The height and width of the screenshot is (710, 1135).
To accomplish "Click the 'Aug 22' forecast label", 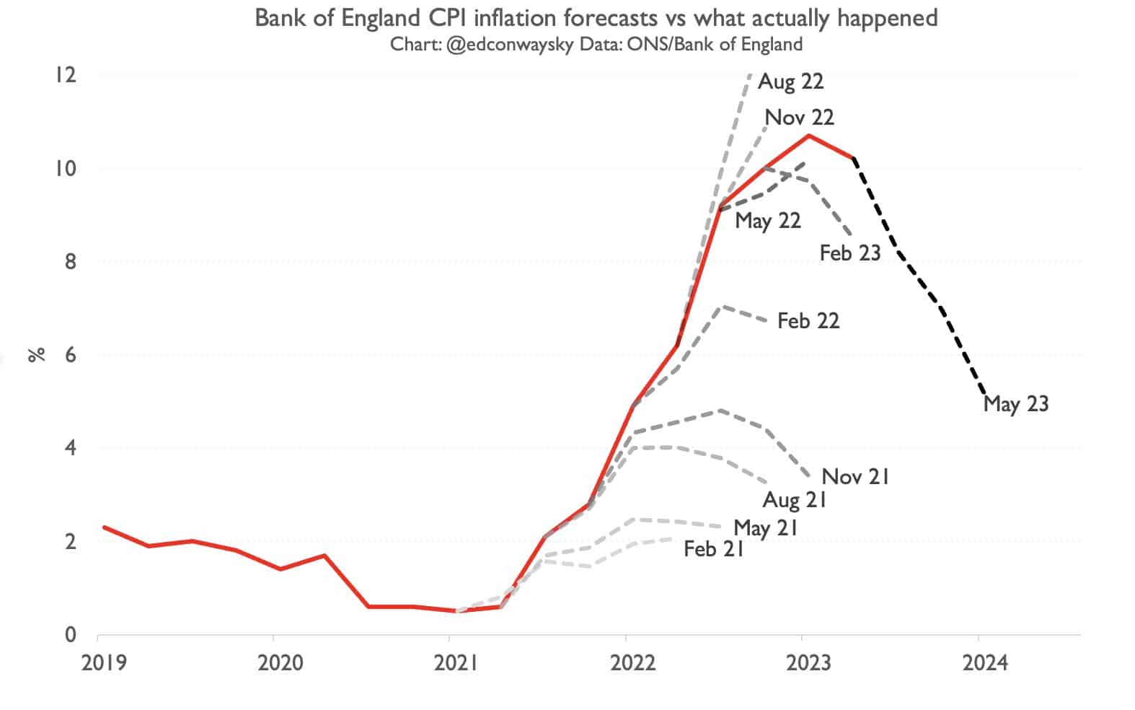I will pyautogui.click(x=790, y=82).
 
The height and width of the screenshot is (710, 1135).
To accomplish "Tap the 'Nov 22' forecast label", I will pyautogui.click(x=799, y=118).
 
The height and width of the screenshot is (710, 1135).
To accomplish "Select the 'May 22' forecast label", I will pyautogui.click(x=768, y=221).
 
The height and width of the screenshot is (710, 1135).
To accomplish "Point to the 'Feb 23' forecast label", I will pyautogui.click(x=850, y=253).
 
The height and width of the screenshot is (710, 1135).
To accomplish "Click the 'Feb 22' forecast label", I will pyautogui.click(x=808, y=321).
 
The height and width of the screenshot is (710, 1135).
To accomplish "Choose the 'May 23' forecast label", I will pyautogui.click(x=1015, y=404).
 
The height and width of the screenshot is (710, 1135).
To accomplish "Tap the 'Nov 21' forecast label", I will pyautogui.click(x=855, y=477).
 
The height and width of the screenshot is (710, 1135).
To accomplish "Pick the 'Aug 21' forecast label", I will pyautogui.click(x=794, y=500).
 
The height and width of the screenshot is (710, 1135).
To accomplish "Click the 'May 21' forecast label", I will pyautogui.click(x=766, y=528).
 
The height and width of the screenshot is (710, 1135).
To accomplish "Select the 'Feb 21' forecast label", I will pyautogui.click(x=713, y=550).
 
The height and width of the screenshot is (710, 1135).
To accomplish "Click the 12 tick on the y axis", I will pyautogui.click(x=66, y=75).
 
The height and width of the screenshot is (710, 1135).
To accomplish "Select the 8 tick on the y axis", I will pyautogui.click(x=70, y=261).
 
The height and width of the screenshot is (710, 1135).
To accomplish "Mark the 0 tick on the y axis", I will pyautogui.click(x=70, y=635).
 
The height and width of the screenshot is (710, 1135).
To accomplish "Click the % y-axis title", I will pyautogui.click(x=37, y=354).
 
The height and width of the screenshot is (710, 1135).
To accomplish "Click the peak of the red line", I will pyautogui.click(x=809, y=136).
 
